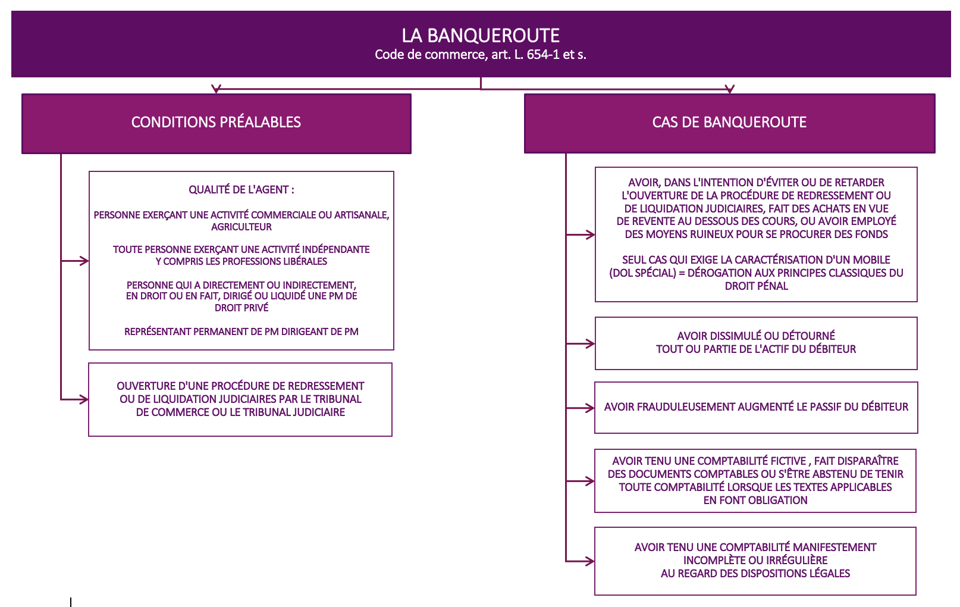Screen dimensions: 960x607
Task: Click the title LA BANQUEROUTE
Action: (481, 36)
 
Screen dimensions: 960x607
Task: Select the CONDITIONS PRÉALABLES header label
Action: (216, 122)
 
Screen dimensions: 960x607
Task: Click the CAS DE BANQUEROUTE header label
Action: (729, 122)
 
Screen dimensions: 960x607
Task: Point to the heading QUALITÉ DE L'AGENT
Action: (241, 189)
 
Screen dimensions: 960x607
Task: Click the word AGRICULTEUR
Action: (241, 227)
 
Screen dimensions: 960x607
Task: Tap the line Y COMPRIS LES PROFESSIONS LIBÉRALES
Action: (241, 261)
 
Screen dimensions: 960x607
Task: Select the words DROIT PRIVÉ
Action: (241, 307)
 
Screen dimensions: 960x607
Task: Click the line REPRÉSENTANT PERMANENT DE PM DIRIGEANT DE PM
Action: (241, 331)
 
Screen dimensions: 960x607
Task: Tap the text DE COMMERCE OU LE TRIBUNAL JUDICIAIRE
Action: (240, 412)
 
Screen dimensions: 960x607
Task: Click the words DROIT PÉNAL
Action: (757, 286)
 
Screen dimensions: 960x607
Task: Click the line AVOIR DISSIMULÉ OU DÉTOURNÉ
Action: (756, 336)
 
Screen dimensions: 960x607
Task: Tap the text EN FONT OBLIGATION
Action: (755, 500)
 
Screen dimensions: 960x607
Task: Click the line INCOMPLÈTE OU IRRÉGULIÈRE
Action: (755, 560)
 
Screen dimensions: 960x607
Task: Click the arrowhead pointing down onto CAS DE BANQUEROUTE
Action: (729, 89)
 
